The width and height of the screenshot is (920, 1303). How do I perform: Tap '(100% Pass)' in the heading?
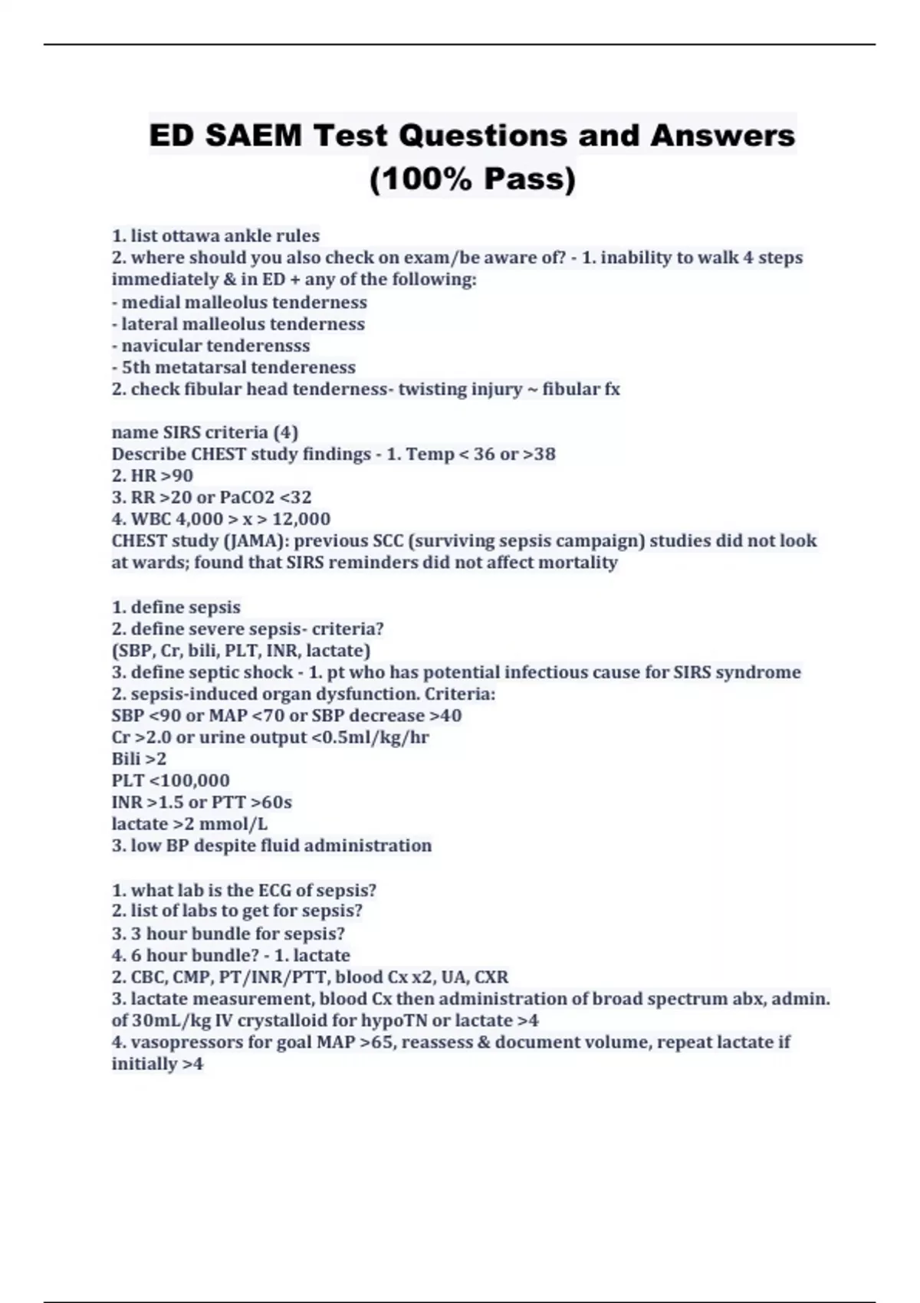click(x=472, y=179)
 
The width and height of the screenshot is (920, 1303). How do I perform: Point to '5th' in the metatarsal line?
click(x=137, y=367)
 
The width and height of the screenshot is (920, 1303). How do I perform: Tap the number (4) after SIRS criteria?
click(x=285, y=432)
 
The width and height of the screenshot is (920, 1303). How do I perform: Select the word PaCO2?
click(x=247, y=497)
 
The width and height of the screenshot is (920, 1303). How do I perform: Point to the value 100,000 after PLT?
click(x=195, y=780)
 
